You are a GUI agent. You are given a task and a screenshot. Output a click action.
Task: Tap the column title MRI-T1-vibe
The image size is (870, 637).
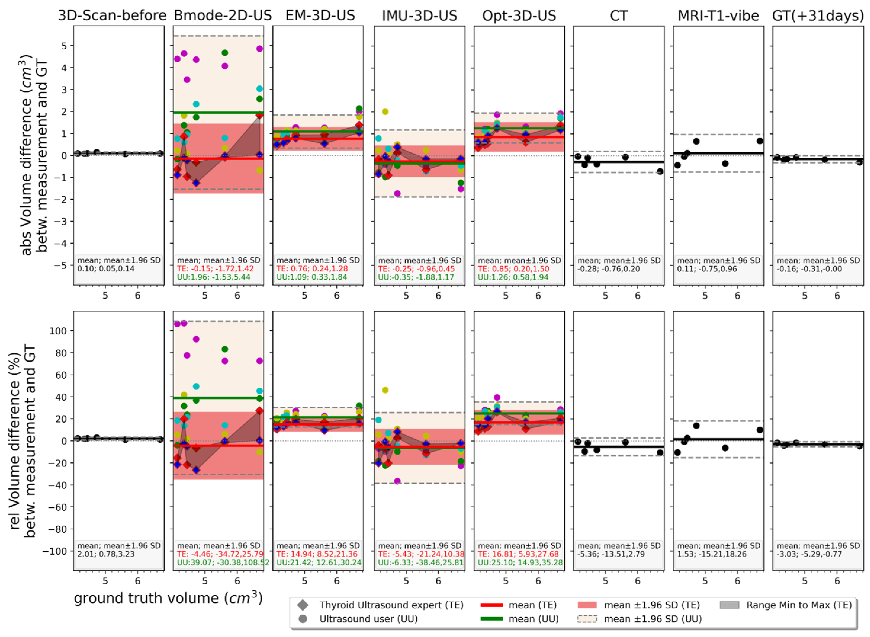[718, 16]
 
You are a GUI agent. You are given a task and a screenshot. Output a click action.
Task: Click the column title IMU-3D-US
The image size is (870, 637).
[419, 16]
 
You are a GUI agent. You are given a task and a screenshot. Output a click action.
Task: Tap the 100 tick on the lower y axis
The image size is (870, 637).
[58, 331]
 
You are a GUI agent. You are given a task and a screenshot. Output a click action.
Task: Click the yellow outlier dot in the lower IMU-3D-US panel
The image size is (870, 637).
[385, 390]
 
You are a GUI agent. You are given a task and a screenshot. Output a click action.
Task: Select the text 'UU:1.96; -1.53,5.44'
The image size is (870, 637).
[214, 277]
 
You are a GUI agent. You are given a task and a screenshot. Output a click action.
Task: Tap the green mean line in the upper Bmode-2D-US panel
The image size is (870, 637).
[218, 113]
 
